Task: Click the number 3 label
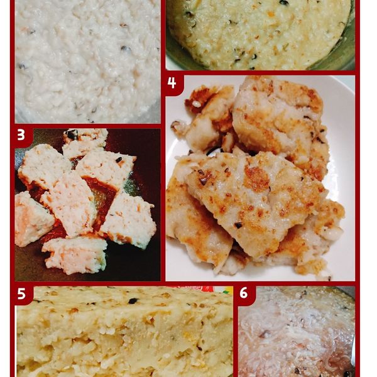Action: click(x=21, y=135)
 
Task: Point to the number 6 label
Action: click(x=244, y=293)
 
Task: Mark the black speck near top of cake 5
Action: click(x=133, y=301)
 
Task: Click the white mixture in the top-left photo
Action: click(x=88, y=63)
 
